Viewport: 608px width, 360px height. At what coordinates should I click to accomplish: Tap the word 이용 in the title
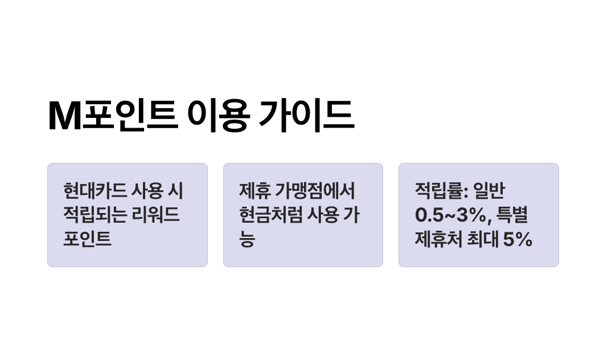pyautogui.click(x=218, y=116)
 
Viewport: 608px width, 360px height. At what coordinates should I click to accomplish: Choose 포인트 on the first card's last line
pyautogui.click(x=87, y=239)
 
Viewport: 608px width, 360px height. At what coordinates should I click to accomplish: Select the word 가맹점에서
pyautogui.click(x=315, y=191)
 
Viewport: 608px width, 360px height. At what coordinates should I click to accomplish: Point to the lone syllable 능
pyautogui.click(x=247, y=239)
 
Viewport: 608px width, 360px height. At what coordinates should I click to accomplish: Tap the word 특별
pyautogui.click(x=512, y=215)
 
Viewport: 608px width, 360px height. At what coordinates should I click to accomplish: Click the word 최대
pyautogui.click(x=480, y=239)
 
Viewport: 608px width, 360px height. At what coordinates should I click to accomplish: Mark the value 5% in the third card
pyautogui.click(x=517, y=239)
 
